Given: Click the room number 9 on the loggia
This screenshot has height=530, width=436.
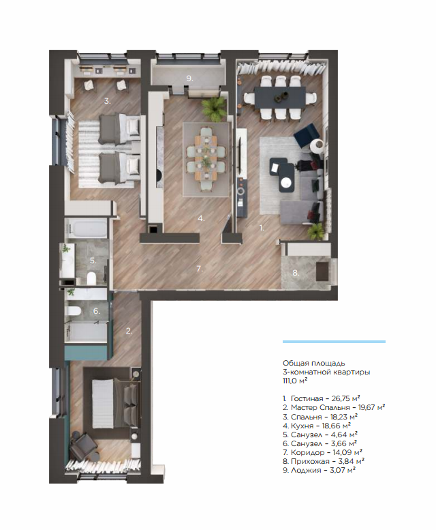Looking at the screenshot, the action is tap(189, 78).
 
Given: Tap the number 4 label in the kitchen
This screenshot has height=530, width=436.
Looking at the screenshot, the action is tap(201, 219).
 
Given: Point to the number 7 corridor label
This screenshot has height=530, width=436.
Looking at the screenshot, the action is tap(200, 269).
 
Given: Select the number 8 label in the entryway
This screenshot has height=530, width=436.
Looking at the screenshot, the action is tap(296, 273).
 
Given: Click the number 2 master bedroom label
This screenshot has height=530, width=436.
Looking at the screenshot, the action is tap(129, 331).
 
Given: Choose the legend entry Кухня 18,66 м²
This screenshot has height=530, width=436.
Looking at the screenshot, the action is tap(317, 426).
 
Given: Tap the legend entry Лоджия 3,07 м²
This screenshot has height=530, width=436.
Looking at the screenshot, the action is tap(320, 470).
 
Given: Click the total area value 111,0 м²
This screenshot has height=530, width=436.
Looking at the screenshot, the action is tap(295, 381).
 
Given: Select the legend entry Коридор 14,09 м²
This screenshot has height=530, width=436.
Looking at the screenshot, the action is tap(323, 452).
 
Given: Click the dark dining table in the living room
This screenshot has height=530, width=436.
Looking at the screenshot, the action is tap(280, 98).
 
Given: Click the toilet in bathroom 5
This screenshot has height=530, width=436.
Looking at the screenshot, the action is tap(91, 278).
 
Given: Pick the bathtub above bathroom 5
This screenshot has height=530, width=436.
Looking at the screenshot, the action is tap(87, 229).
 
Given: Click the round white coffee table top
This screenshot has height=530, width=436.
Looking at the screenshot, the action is tap(287, 182).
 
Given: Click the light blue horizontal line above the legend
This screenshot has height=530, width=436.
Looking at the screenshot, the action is tap(334, 342).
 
